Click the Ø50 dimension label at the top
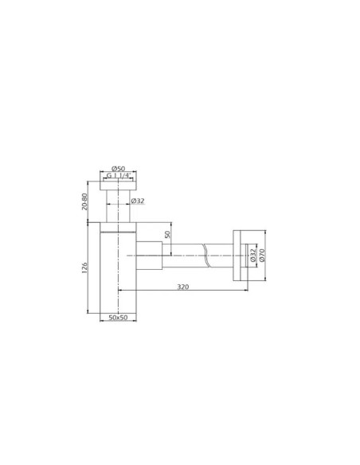[x=119, y=169]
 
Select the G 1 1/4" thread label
[x=119, y=175]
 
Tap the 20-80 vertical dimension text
[x=84, y=201]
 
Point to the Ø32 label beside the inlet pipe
[x=138, y=201]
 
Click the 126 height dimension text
[x=84, y=268]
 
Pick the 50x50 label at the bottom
[x=118, y=318]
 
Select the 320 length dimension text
[x=183, y=287]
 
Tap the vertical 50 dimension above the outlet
[x=167, y=234]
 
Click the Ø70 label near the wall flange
[x=262, y=255]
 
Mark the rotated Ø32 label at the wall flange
[x=253, y=255]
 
